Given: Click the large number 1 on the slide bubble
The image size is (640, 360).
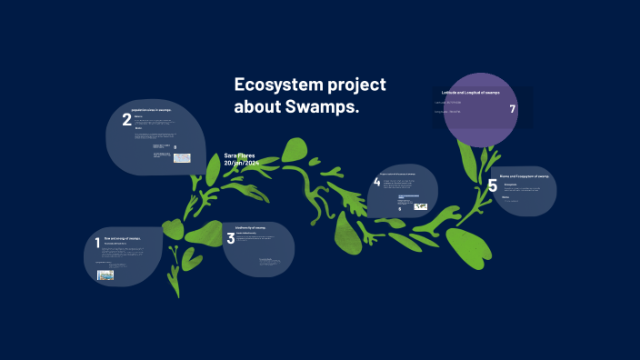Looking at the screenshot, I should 97,243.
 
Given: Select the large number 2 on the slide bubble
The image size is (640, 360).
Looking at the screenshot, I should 126,118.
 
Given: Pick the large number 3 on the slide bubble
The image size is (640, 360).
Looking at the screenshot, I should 230,238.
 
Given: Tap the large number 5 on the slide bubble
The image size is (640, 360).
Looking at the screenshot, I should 492,186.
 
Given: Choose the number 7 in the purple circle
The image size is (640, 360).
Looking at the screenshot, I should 513,109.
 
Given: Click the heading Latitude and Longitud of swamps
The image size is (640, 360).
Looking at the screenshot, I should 470,93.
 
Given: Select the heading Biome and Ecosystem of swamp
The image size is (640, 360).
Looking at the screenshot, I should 525,175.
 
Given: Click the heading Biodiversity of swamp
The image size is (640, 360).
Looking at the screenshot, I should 251,227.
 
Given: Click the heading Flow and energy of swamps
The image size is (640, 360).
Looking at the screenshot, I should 123,238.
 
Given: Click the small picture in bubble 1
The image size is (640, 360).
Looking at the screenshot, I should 105,275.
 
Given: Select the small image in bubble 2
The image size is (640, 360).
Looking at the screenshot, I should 182,158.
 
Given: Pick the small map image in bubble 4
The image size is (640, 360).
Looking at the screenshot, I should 420,206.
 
